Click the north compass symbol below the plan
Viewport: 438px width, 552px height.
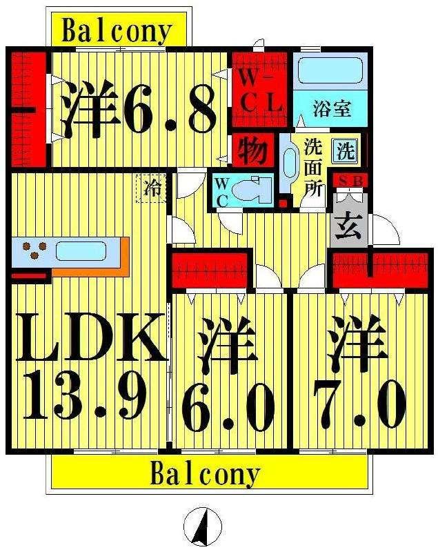(203, 526)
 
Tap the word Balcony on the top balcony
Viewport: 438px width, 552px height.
(117, 31)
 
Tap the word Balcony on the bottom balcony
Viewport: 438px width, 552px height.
(206, 474)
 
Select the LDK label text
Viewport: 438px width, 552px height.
(92, 337)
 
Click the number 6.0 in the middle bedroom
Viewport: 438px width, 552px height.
(228, 409)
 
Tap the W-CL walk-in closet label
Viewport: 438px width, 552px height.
(260, 92)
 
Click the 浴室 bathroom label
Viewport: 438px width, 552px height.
(332, 108)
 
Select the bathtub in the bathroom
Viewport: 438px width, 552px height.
(330, 70)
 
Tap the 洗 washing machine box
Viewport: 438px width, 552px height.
(346, 150)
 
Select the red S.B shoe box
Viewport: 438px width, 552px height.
(350, 181)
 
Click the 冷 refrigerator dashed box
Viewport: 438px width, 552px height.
(151, 188)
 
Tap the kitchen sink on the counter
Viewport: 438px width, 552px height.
(81, 251)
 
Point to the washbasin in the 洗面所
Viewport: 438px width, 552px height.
(290, 163)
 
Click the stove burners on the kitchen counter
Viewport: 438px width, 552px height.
(34, 250)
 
